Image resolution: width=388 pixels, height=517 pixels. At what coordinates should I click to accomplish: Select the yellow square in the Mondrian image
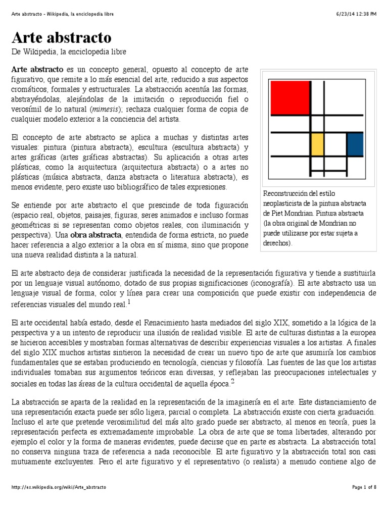tap(317, 144)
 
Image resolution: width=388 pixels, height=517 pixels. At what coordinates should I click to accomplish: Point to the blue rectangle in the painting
tap(355, 144)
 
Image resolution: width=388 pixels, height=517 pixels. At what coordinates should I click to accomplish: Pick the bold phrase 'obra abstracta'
tap(95, 235)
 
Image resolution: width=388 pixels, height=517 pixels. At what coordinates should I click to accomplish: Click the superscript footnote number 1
tap(129, 301)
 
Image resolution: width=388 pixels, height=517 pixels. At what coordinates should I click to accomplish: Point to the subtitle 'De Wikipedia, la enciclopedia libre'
tap(68, 52)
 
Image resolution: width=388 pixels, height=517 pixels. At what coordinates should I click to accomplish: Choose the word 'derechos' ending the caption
tap(276, 243)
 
